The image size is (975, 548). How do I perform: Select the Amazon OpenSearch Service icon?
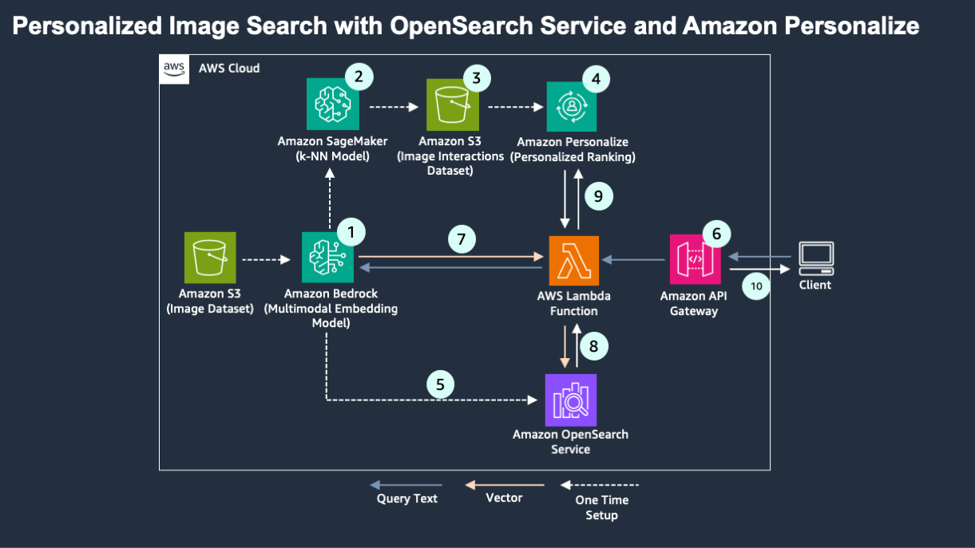(x=570, y=398)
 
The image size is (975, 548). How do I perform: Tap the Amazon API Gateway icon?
(x=694, y=259)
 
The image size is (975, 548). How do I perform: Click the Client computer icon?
(x=815, y=258)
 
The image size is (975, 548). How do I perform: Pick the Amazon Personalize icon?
(x=572, y=105)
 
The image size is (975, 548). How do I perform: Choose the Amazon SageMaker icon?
(x=331, y=105)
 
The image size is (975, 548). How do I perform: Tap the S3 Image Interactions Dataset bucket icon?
(x=452, y=105)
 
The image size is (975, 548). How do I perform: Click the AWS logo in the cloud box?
(x=175, y=69)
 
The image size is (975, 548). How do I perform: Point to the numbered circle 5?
(x=440, y=384)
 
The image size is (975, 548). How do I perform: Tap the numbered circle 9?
(x=598, y=196)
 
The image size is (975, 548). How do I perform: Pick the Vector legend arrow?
(x=505, y=484)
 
